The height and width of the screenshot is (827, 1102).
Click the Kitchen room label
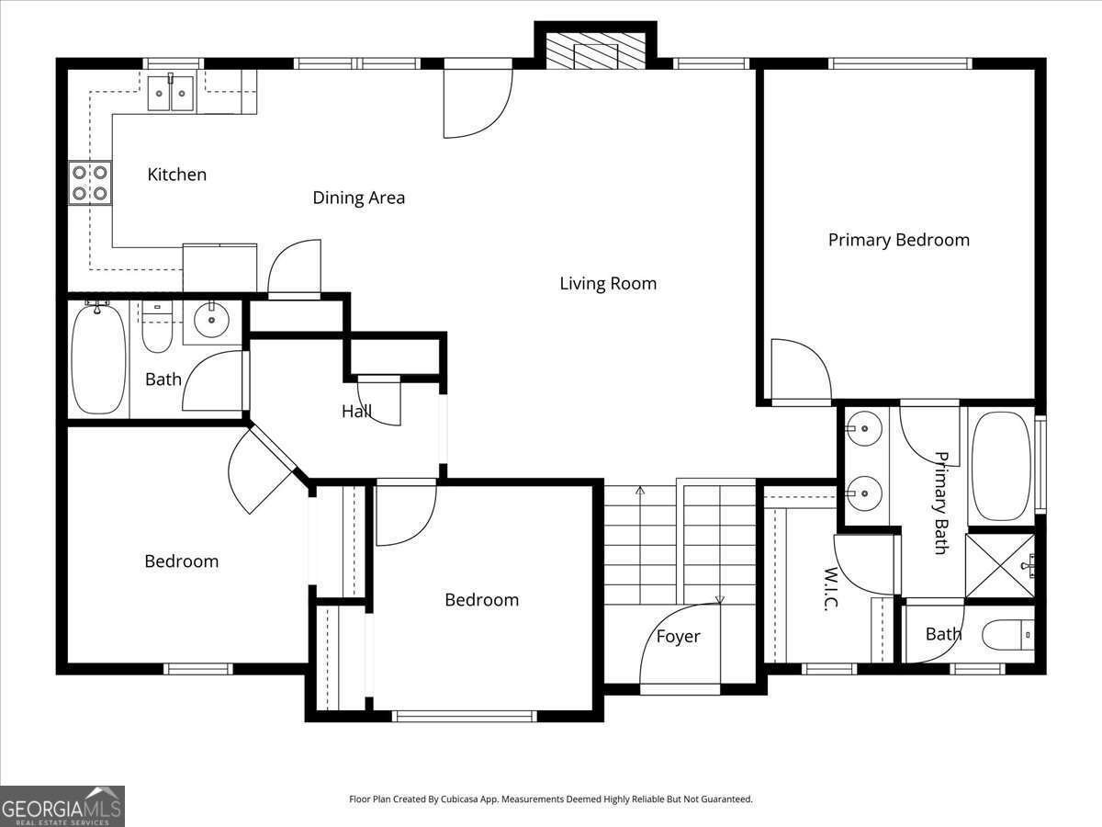tap(176, 175)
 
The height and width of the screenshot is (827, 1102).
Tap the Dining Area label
tap(358, 198)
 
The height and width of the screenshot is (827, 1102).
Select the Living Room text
tap(608, 283)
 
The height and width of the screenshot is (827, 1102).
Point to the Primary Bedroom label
tap(899, 240)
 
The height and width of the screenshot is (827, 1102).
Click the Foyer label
tap(678, 637)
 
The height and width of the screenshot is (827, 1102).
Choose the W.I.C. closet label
tap(831, 589)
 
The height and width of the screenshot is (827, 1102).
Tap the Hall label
tap(356, 412)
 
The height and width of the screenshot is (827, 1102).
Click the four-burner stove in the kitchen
tap(90, 183)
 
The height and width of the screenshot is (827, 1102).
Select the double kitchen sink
tap(171, 93)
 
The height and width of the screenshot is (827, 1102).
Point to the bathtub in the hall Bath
tap(98, 358)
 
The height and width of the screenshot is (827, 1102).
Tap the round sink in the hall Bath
tap(211, 320)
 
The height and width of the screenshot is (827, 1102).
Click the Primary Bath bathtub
tap(1001, 467)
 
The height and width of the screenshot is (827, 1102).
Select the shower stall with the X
tap(1000, 566)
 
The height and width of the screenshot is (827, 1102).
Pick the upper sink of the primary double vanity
tap(863, 428)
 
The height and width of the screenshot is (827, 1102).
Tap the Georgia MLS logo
tap(62, 806)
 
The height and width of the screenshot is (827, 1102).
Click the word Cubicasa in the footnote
tap(458, 799)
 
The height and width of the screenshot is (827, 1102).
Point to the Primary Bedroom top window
tap(900, 63)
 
